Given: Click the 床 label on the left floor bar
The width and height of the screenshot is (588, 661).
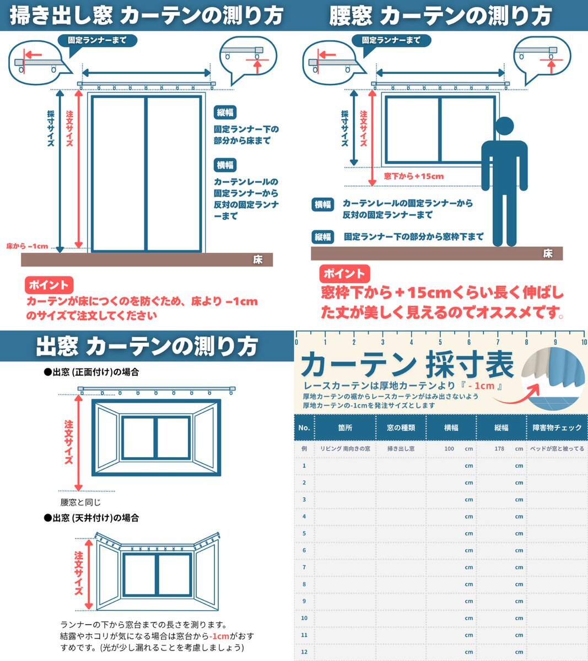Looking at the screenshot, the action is [x=257, y=259].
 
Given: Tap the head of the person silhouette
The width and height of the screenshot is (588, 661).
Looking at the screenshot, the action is [x=504, y=126].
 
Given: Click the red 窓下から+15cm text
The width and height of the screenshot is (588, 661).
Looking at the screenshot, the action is [x=414, y=176].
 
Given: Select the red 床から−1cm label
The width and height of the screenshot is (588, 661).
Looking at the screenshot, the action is [x=27, y=246].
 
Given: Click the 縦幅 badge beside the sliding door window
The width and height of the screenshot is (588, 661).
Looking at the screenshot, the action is [x=225, y=112].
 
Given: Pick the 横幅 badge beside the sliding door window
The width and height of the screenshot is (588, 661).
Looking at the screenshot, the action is [x=225, y=165].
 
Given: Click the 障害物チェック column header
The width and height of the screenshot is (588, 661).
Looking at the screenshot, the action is [x=557, y=427].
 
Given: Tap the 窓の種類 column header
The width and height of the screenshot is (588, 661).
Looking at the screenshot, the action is [x=401, y=427].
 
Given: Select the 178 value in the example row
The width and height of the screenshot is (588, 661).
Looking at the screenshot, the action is [x=499, y=448].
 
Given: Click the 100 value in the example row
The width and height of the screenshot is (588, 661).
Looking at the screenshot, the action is [x=449, y=448].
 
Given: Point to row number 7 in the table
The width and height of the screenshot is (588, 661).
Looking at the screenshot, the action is [x=304, y=567].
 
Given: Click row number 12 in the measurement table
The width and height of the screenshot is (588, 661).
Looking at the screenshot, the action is [x=304, y=652].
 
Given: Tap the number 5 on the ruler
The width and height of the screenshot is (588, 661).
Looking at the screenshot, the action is [x=440, y=342].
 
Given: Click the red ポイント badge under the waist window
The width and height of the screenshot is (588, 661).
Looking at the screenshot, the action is [x=344, y=273].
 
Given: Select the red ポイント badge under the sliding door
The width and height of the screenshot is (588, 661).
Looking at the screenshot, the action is [x=49, y=285].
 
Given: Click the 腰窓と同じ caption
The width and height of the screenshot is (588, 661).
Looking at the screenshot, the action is [x=80, y=502].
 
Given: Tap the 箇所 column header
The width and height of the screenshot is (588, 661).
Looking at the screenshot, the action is [x=345, y=427].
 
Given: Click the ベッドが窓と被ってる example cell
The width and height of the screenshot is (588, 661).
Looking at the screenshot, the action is [x=557, y=448].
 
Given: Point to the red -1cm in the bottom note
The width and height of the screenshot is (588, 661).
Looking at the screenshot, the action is [x=219, y=636].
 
